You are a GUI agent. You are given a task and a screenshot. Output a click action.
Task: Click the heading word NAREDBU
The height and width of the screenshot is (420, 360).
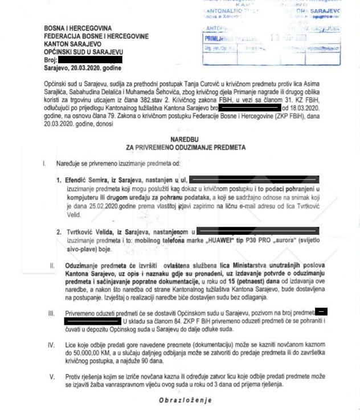[186, 139]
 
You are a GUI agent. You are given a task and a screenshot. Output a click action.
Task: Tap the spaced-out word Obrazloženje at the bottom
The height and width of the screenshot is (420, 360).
[186, 400]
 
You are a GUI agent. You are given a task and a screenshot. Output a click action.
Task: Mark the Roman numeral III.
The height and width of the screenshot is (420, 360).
[51, 312]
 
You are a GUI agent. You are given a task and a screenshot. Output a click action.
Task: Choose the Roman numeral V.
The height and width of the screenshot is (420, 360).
[52, 377]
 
